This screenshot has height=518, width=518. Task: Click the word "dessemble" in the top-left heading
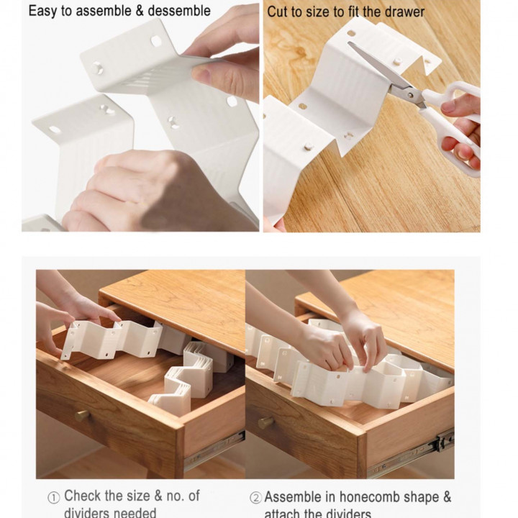tap(176, 11)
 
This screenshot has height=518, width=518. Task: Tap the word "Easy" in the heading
tap(43, 11)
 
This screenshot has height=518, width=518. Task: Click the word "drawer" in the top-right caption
tap(404, 12)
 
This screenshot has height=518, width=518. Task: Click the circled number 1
tap(54, 498)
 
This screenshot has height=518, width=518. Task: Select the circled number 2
tap(255, 498)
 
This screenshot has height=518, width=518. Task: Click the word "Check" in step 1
tap(82, 496)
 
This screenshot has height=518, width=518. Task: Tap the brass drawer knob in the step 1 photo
tap(82, 416)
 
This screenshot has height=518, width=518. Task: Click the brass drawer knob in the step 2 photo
tap(265, 422)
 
